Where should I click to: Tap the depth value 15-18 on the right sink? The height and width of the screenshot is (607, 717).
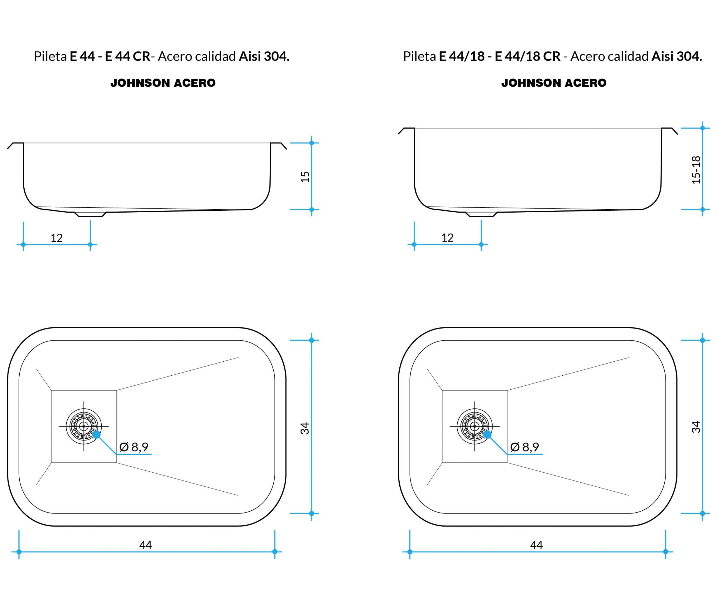pos(696,170)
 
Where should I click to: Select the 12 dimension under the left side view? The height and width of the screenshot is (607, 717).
pos(56,238)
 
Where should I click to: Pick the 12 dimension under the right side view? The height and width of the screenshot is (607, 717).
pos(447,238)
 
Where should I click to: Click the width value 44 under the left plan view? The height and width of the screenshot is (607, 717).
pos(146,545)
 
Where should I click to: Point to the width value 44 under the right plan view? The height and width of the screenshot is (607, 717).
pos(536,545)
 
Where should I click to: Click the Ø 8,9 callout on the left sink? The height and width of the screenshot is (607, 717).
pos(134,447)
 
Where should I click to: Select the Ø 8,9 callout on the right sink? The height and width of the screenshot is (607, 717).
pos(525,447)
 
